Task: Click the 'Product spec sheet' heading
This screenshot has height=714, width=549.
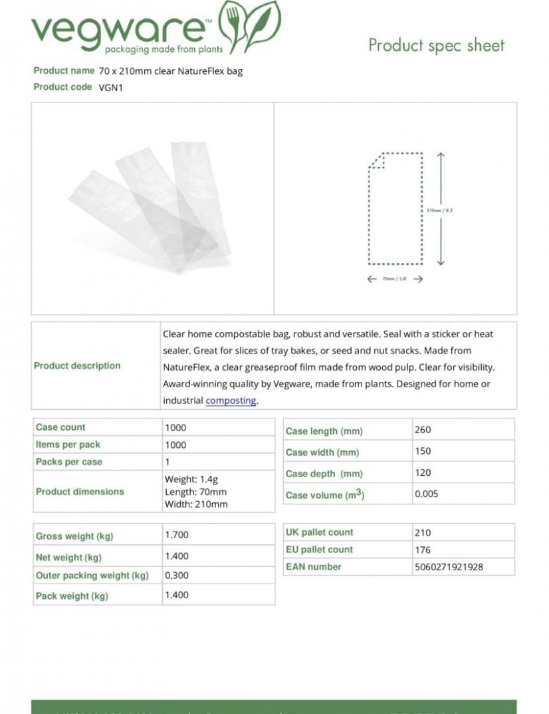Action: pyautogui.click(x=436, y=45)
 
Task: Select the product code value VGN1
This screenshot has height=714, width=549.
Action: pyautogui.click(x=111, y=87)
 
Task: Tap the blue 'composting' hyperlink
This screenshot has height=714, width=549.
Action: pyautogui.click(x=231, y=401)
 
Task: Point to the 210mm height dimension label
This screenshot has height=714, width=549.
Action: pyautogui.click(x=439, y=210)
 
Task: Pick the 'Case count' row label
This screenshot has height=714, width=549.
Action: pyautogui.click(x=60, y=427)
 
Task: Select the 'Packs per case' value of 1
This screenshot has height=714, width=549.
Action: pyautogui.click(x=167, y=462)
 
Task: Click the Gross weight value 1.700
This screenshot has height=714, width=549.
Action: pyautogui.click(x=177, y=534)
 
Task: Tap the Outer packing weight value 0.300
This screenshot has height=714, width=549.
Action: pyautogui.click(x=177, y=575)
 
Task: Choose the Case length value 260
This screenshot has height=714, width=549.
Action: pyautogui.click(x=423, y=430)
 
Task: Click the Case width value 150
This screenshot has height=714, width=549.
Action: pyautogui.click(x=423, y=451)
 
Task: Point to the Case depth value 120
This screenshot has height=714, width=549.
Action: pyautogui.click(x=423, y=472)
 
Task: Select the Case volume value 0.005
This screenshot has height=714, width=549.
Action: pyautogui.click(x=427, y=494)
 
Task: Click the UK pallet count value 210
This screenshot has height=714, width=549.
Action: pyautogui.click(x=423, y=532)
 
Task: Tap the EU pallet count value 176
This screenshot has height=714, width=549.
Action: pyautogui.click(x=423, y=550)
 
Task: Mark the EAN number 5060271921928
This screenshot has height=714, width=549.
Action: pyautogui.click(x=449, y=567)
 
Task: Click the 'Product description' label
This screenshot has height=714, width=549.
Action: pyautogui.click(x=77, y=365)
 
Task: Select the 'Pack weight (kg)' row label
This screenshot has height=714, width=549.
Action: pyautogui.click(x=72, y=596)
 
